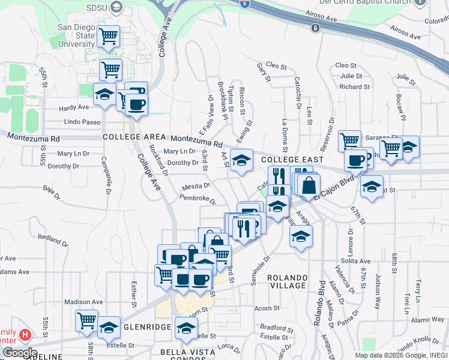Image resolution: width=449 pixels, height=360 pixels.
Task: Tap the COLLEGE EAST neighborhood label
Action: coord(292,160)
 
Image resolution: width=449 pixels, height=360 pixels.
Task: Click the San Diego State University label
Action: coord(76,36)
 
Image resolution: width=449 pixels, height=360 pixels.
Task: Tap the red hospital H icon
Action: coord(25,334)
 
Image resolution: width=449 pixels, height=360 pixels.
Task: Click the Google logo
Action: coord(19,353)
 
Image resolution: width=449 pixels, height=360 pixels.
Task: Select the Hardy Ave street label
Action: coord(74,107)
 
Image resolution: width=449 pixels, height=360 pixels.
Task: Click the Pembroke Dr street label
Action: coord(197,197)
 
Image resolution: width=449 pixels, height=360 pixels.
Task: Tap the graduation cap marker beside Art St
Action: coord(241,161)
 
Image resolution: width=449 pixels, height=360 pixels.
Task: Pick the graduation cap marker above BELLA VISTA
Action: coord(186,328)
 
